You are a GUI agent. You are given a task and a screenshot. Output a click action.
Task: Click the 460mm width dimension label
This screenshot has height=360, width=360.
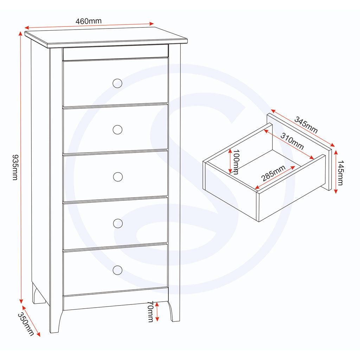click(x=89, y=21)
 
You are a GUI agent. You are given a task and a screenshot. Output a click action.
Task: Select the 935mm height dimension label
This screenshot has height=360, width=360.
click(x=15, y=167)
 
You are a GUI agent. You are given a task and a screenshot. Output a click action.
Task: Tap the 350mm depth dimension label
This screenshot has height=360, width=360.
click(x=26, y=324)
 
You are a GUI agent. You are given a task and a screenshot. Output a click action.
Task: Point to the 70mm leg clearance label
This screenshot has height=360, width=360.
click(x=150, y=311)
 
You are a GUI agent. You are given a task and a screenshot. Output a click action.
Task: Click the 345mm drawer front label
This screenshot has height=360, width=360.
click(x=306, y=125)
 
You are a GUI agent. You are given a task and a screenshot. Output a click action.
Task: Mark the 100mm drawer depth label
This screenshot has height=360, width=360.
click(x=236, y=162)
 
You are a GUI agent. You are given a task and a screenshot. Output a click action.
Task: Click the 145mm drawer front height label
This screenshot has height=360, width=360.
click(x=340, y=172)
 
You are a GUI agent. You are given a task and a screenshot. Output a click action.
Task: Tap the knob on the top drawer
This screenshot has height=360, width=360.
click(x=117, y=83)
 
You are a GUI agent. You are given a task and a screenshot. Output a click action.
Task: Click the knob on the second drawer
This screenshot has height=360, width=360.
click(x=117, y=130)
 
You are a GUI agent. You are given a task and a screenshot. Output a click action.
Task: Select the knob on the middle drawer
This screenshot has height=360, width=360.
click(x=118, y=176)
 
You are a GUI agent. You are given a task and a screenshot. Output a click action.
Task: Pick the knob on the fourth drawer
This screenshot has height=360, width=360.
click(x=118, y=223)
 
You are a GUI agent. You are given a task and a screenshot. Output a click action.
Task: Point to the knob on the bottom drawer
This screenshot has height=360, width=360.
click(x=118, y=270)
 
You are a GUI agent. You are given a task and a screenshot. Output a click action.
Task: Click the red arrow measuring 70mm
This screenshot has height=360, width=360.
click(x=157, y=311)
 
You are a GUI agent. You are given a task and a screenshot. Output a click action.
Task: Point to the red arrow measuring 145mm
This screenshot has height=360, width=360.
click(x=336, y=172)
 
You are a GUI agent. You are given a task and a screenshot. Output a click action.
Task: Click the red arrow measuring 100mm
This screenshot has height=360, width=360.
click(x=230, y=161)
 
